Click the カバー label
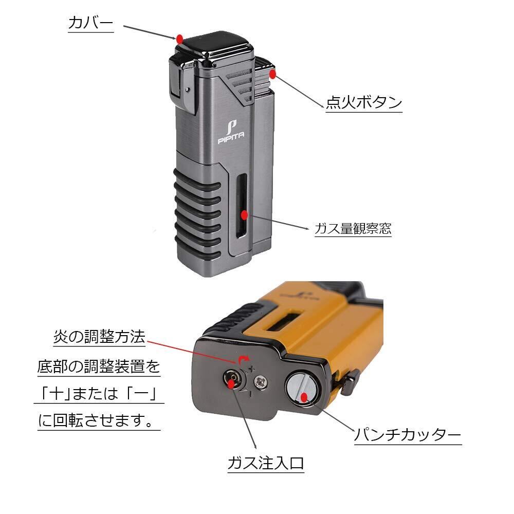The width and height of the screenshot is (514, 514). click(x=90, y=23)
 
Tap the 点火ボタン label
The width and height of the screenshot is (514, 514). click(x=364, y=102)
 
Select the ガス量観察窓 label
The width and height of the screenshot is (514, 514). click(x=353, y=228)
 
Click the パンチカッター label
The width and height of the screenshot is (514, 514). click(x=407, y=436)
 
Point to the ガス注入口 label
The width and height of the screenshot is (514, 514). click(x=266, y=464)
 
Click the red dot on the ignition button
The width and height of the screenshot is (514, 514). click(x=274, y=74)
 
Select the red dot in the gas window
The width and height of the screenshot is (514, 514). click(x=245, y=215)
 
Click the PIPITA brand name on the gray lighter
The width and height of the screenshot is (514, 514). click(x=231, y=136)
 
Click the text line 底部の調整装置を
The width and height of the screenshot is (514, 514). click(x=99, y=367)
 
